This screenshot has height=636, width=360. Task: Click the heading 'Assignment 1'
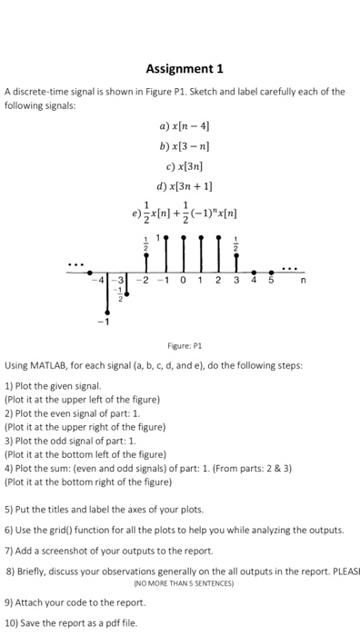(x=184, y=68)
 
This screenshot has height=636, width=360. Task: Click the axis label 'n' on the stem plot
(x=303, y=281)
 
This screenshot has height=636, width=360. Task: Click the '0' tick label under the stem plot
(x=183, y=281)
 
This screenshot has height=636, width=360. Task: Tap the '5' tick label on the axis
(x=270, y=281)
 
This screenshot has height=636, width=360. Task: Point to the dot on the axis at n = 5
(x=272, y=271)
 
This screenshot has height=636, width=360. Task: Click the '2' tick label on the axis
(x=218, y=281)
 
